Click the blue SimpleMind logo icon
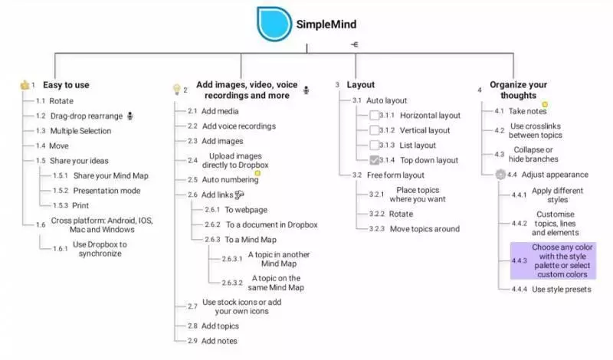point(274,24)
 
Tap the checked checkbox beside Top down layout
point(374,160)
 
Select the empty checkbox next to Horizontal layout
point(374,116)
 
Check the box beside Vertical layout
point(374,130)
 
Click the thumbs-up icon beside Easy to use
point(25,85)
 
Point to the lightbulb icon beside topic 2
point(177,90)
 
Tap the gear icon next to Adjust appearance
point(500,175)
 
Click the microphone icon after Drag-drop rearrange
point(130,116)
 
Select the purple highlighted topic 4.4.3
point(553,260)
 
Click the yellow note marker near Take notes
point(545,104)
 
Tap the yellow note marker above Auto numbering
point(257,173)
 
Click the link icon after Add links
point(239,195)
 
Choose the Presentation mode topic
point(107,191)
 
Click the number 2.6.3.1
point(232,259)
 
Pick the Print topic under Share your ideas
point(80,205)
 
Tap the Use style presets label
point(562,290)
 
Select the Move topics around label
point(425,229)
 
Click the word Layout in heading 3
point(360,85)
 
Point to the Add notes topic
point(219,341)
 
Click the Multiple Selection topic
point(80,131)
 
